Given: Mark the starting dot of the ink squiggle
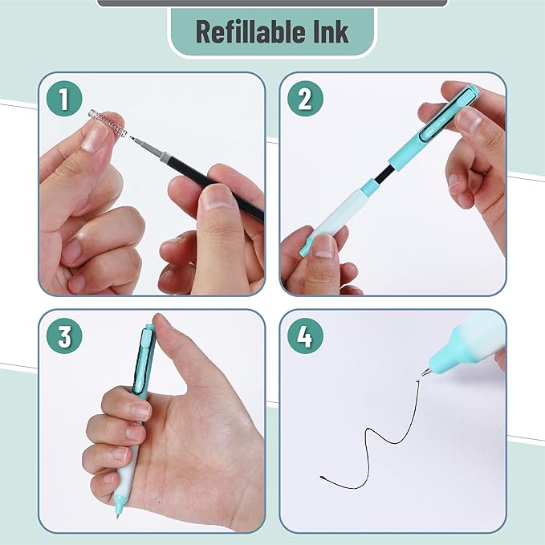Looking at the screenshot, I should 322,478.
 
